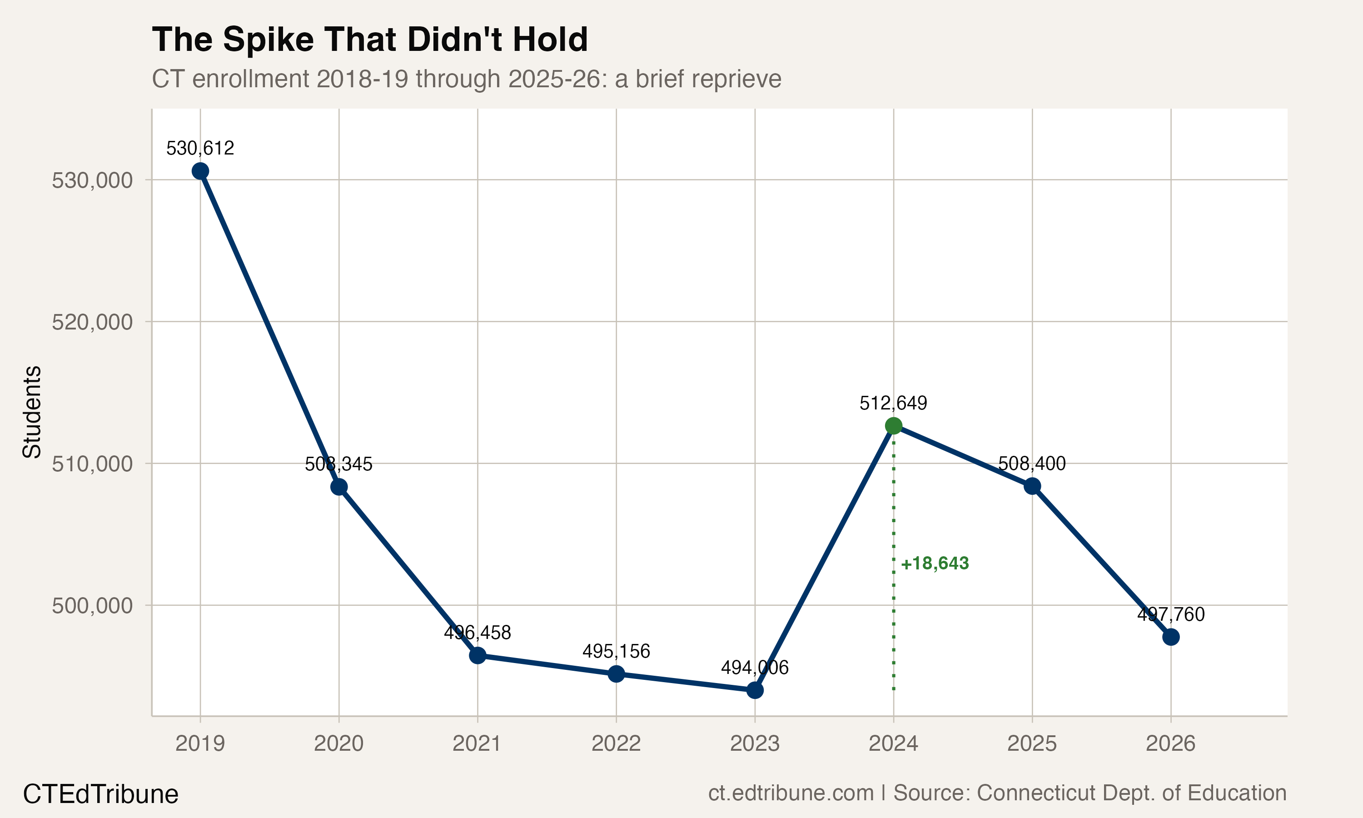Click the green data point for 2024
click(893, 425)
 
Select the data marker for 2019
click(200, 171)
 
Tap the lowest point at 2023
click(755, 690)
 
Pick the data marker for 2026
click(1171, 637)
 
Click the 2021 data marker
click(478, 655)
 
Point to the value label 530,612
click(200, 148)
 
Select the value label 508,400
click(1032, 464)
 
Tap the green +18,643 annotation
click(935, 564)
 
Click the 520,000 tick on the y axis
click(92, 322)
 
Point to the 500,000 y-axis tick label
click(92, 606)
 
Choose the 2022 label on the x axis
click(616, 744)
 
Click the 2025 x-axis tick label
click(1032, 744)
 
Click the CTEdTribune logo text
click(100, 794)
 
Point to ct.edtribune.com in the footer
click(791, 793)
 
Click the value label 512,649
click(893, 404)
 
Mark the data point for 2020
click(339, 487)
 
